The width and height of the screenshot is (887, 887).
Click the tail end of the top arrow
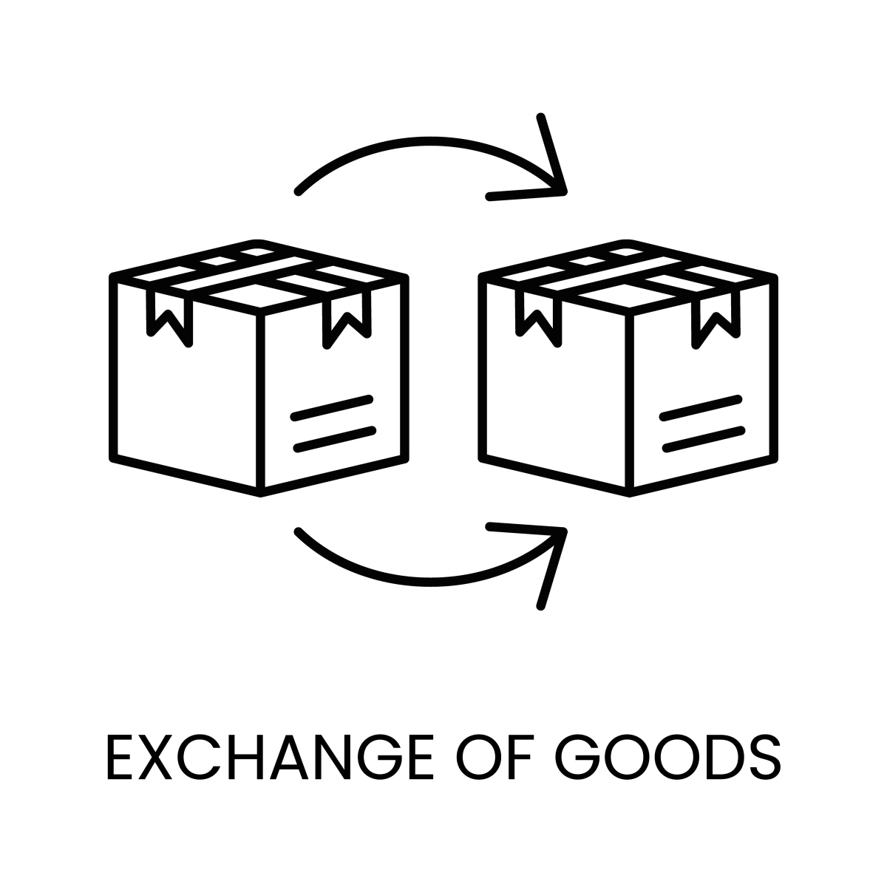(x=299, y=191)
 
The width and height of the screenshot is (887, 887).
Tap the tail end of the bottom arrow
(x=299, y=531)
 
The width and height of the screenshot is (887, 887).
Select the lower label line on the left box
(x=335, y=439)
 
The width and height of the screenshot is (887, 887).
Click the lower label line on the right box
(x=704, y=439)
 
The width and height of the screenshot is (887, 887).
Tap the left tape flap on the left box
(x=169, y=317)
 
